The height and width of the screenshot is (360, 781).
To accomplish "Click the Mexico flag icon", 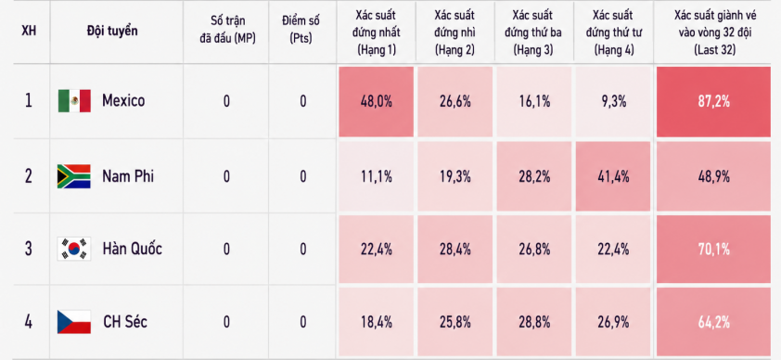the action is tap(74, 100).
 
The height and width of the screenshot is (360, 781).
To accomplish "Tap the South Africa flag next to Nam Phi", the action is tap(73, 176).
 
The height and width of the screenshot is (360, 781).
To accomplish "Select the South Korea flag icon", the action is tap(74, 249).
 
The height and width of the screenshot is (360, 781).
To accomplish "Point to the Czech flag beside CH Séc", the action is tap(74, 322).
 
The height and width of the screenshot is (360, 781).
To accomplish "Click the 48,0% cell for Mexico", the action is tap(376, 101).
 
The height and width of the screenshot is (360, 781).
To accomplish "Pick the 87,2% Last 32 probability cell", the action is tap(713, 101).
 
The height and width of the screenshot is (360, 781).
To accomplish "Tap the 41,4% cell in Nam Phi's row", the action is tap(613, 176).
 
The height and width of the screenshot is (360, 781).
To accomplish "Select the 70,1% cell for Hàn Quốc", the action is tap(713, 249).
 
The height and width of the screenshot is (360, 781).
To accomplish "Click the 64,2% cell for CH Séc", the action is tap(713, 322).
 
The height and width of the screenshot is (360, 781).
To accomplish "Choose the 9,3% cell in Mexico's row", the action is tap(613, 101).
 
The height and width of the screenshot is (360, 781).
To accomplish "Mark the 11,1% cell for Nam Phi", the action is tap(376, 176).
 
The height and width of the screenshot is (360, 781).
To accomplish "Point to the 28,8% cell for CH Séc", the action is tap(534, 322).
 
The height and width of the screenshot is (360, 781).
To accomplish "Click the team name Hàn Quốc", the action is tap(132, 249).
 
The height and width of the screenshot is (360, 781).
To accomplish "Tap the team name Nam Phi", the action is tap(128, 176).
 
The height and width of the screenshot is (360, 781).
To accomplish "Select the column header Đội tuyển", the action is tap(112, 31).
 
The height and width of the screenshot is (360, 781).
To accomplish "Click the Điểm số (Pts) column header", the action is tap(301, 30).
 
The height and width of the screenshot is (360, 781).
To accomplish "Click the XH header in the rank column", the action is tap(29, 31).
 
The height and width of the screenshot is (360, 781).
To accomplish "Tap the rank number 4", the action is tap(29, 322).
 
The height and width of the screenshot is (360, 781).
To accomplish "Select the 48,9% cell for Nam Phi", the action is tap(713, 176).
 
